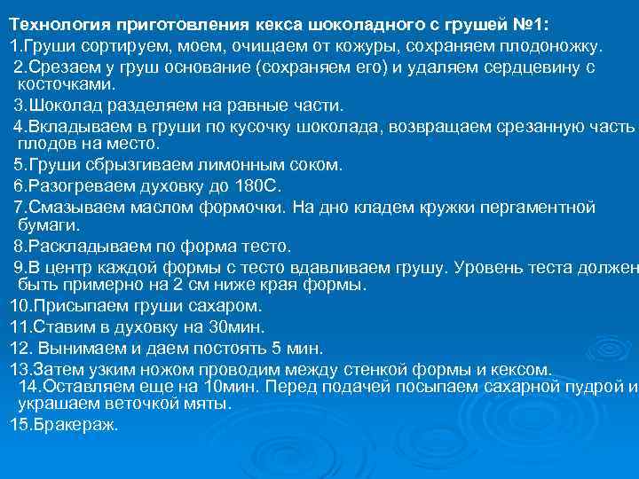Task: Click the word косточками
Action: click(67, 84)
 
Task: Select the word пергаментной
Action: click(540, 208)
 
